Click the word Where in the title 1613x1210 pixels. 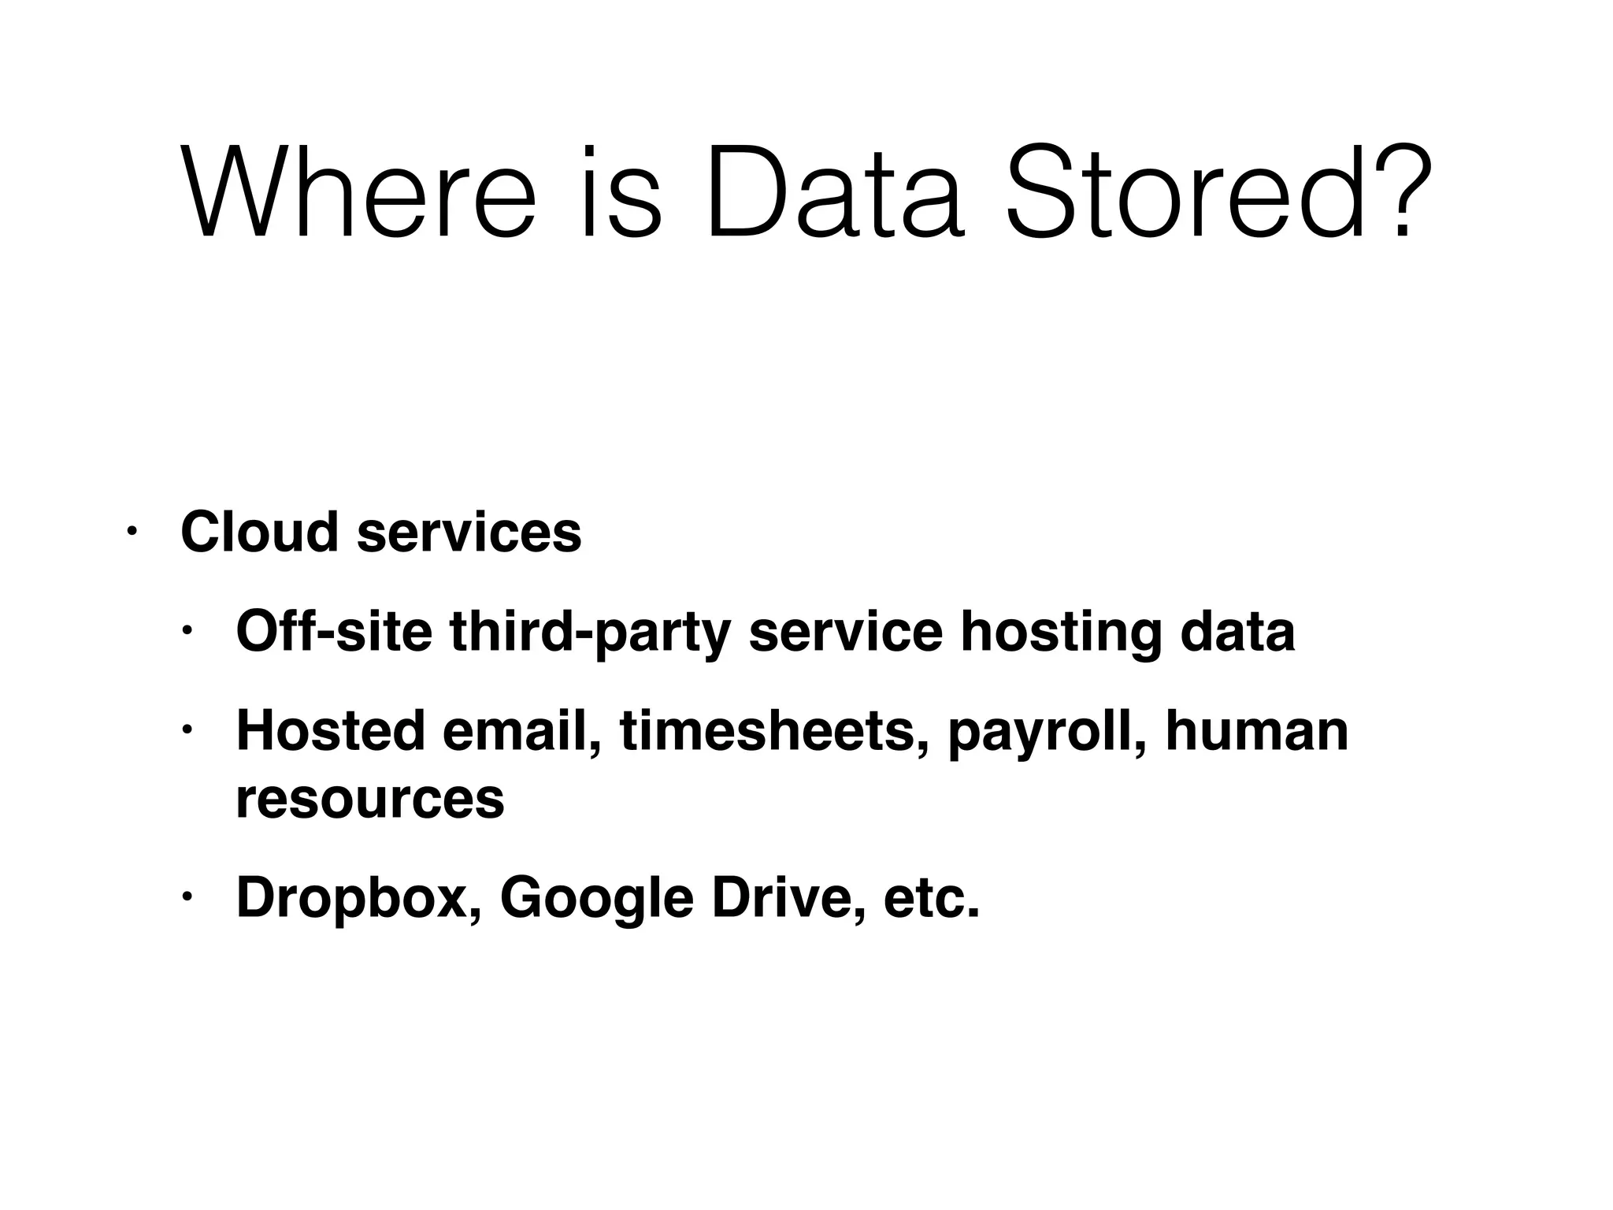[x=358, y=191]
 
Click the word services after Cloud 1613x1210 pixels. [x=469, y=533]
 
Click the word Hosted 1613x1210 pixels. [x=331, y=731]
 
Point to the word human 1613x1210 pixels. [x=1257, y=731]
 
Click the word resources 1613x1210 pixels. [x=370, y=800]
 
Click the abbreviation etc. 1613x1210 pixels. [x=932, y=899]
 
